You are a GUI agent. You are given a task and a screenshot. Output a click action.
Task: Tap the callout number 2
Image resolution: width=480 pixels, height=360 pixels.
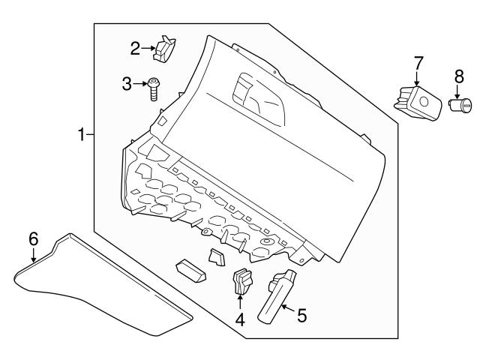(x=135, y=49)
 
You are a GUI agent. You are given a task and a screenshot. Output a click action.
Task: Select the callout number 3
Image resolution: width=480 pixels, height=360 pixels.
(x=127, y=83)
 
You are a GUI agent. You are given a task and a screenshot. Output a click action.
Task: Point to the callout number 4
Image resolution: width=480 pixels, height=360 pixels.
(x=240, y=319)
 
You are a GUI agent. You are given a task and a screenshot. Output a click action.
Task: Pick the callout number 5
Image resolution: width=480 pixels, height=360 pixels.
(x=301, y=316)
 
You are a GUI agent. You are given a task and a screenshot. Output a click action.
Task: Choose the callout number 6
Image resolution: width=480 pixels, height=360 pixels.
(x=33, y=239)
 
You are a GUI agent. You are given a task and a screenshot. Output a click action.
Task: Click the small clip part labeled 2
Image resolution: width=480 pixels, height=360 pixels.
(x=164, y=49)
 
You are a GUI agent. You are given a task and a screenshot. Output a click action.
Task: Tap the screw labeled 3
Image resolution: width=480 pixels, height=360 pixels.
(x=153, y=88)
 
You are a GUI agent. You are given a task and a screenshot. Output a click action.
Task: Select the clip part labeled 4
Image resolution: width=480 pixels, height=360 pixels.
(x=241, y=281)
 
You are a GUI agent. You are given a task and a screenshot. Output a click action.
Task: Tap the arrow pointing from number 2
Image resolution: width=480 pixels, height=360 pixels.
(x=148, y=49)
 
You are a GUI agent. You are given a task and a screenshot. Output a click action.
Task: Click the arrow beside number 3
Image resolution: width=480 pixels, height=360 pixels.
(x=140, y=83)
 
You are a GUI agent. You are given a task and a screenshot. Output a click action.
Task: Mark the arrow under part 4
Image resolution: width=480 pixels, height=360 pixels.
(x=240, y=301)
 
